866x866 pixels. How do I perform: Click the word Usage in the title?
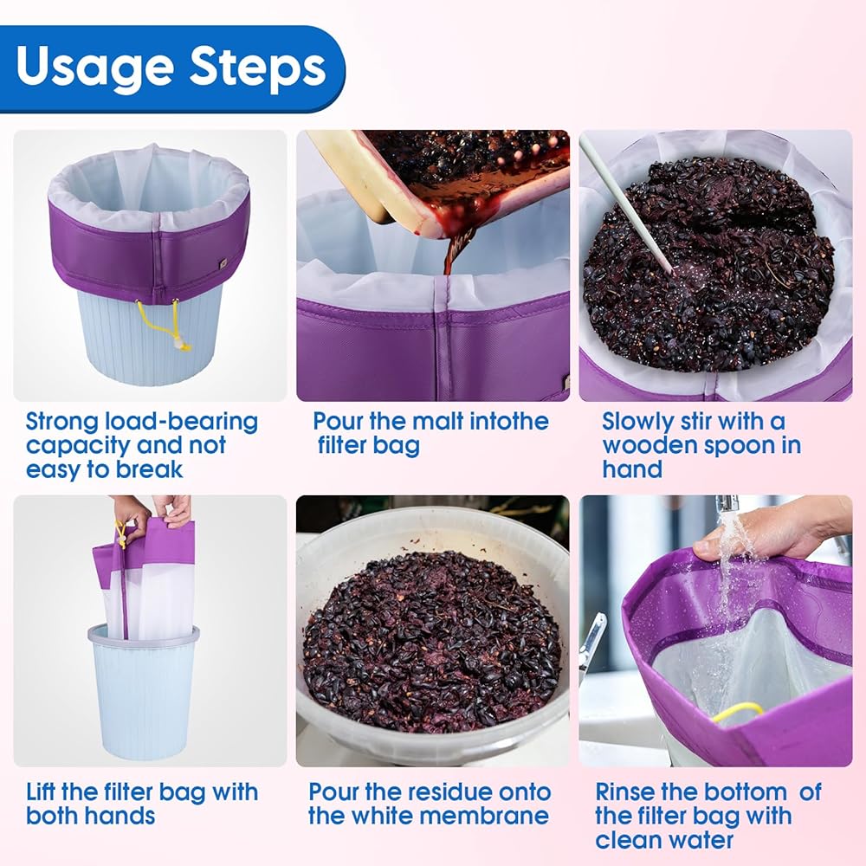[94, 68]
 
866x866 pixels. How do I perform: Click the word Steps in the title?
[257, 67]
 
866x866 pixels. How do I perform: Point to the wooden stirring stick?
[626, 205]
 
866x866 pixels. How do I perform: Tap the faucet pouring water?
[727, 504]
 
